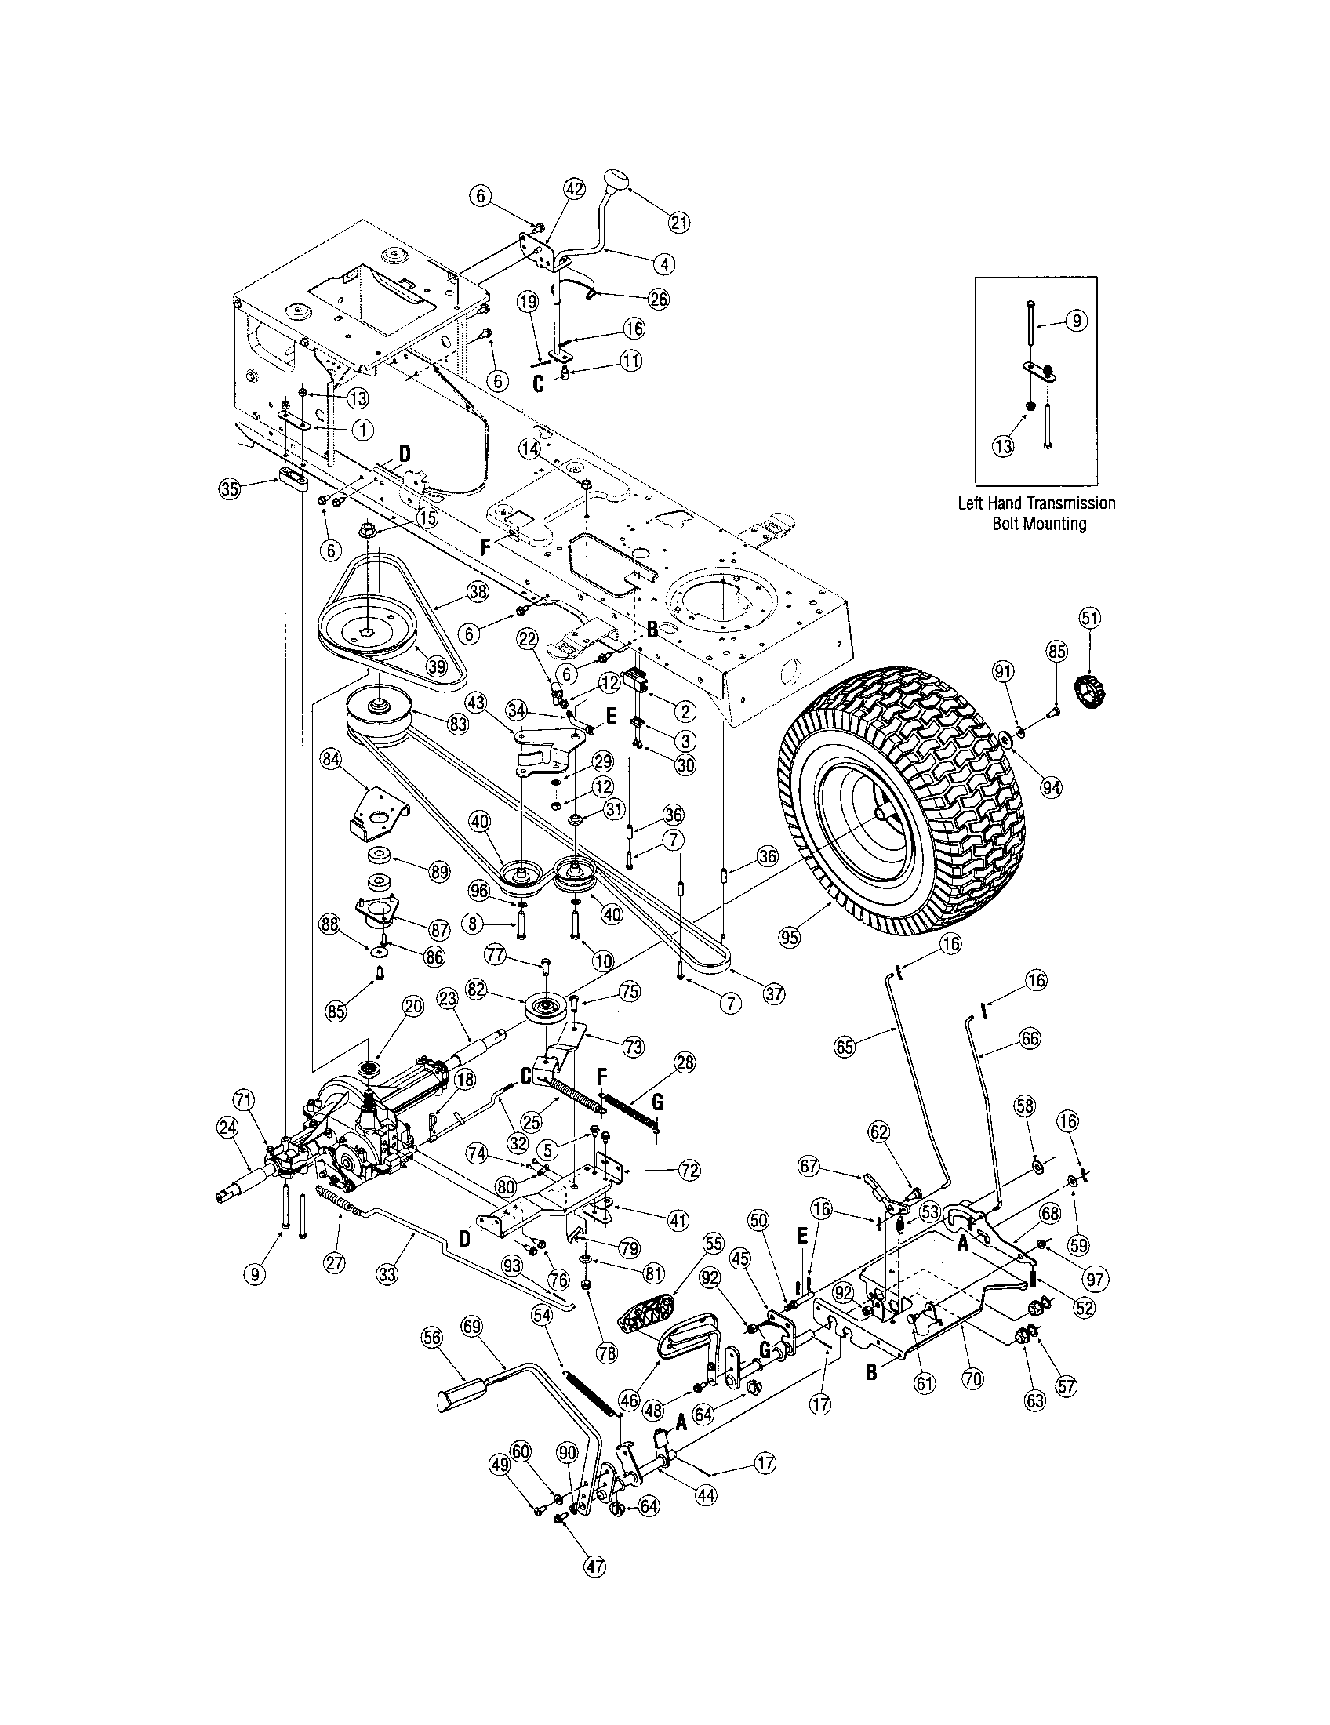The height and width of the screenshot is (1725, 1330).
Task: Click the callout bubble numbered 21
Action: point(678,223)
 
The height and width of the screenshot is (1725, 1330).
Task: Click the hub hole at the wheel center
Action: point(879,819)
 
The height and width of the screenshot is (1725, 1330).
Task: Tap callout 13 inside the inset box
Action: point(1004,446)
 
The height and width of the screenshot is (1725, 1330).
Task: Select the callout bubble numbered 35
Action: point(229,488)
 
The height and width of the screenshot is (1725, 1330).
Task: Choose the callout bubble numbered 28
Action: point(685,1063)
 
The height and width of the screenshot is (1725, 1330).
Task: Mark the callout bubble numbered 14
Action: point(530,447)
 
